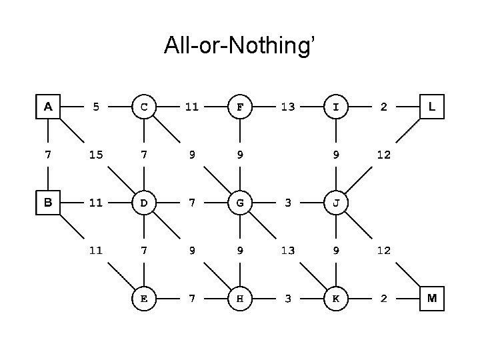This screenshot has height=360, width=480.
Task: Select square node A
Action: (48, 106)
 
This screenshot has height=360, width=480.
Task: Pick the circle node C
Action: (144, 106)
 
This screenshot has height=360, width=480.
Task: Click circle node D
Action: (144, 203)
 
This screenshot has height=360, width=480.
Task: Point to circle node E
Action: (144, 299)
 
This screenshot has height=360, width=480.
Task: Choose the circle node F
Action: (240, 106)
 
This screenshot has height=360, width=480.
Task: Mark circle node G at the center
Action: (240, 203)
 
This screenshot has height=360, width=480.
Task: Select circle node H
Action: (240, 299)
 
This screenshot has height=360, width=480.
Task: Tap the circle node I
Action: (336, 106)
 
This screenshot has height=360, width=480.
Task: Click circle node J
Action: (336, 203)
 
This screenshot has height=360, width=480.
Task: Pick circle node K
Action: (336, 299)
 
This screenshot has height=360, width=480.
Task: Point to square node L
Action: (432, 106)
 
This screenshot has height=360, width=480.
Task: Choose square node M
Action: (432, 299)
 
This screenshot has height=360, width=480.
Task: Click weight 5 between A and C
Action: (96, 106)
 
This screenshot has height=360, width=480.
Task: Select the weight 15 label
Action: (96, 155)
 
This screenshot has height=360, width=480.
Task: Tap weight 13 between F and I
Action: (288, 106)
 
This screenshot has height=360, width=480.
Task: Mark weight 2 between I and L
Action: (384, 106)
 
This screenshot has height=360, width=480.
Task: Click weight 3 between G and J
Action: (288, 203)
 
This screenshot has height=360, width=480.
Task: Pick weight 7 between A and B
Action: (48, 155)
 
